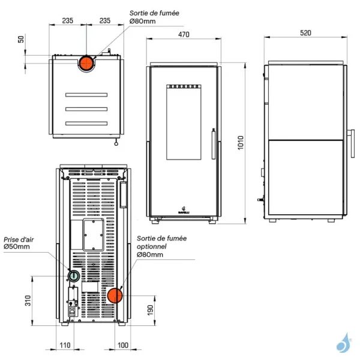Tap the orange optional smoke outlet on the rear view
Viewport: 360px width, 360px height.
(115, 295)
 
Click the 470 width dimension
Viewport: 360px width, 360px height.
(184, 35)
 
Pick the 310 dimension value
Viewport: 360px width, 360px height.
(28, 299)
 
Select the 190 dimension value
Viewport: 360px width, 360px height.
(151, 310)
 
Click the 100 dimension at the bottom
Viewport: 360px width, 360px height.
(123, 345)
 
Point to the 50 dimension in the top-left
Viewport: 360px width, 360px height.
(22, 39)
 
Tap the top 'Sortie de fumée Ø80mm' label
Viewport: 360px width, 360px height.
(154, 17)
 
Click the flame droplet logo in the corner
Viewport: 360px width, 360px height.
(343, 342)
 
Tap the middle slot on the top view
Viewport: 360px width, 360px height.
(86, 109)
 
